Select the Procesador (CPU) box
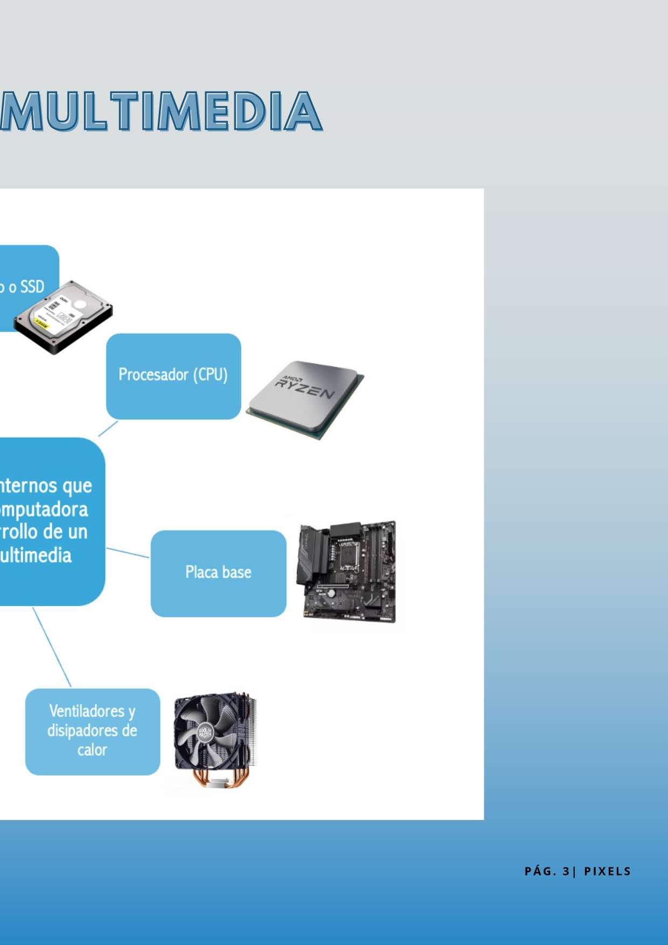[x=173, y=376]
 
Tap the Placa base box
[x=218, y=573]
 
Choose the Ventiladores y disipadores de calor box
[x=93, y=731]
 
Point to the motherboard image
[x=349, y=572]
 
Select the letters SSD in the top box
[x=32, y=287]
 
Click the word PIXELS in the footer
[x=607, y=871]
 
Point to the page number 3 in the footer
[x=566, y=871]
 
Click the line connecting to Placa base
[x=128, y=553]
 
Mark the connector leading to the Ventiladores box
[x=52, y=647]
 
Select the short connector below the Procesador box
[x=108, y=429]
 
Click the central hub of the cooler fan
[x=206, y=733]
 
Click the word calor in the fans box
[x=92, y=750]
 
